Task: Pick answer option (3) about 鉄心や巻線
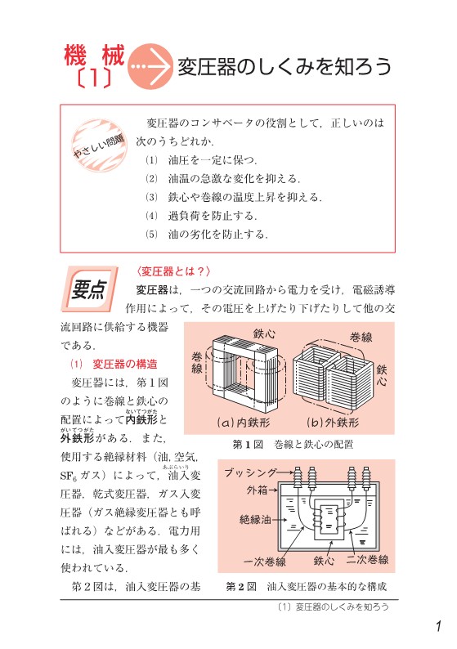click(x=234, y=197)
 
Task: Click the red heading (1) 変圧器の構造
click(x=114, y=364)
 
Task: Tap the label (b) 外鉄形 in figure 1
click(x=332, y=423)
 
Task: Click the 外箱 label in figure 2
click(x=257, y=491)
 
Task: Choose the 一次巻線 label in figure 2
click(x=265, y=562)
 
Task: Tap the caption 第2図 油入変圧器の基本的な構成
click(x=306, y=587)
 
